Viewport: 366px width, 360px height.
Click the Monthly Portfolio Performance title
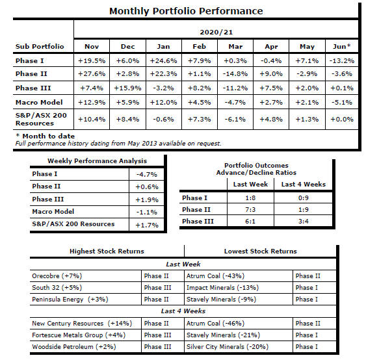186,11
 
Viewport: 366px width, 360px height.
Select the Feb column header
199,46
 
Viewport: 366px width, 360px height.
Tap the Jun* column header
341,46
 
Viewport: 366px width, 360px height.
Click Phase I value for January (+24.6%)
163,61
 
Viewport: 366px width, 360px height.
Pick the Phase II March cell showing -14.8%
235,74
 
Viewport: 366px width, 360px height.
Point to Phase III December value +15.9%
127,88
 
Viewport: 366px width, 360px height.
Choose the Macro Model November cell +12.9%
92,103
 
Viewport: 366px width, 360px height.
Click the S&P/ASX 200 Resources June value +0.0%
342,120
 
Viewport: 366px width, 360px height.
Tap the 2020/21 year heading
216,32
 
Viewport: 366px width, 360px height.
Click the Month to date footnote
45,136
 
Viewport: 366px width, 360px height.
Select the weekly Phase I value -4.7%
146,175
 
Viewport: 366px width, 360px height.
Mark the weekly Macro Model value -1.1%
146,212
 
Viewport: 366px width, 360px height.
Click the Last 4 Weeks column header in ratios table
303,185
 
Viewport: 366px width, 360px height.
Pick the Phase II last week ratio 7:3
250,209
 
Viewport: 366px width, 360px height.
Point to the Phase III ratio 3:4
303,221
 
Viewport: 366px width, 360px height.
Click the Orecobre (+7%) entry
57,276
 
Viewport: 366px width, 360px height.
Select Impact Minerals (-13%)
222,288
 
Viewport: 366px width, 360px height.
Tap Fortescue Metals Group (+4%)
79,335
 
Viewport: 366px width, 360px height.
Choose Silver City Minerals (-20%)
228,347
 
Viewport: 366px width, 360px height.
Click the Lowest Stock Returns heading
260,251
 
